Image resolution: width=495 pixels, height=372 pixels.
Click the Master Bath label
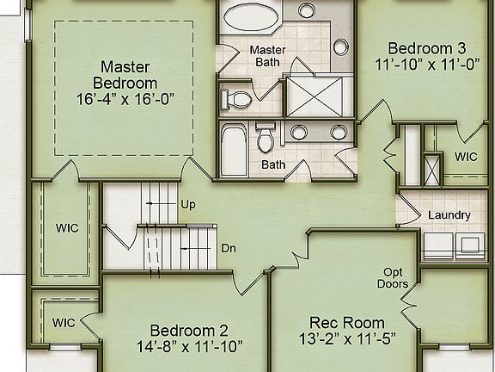[x=267, y=56]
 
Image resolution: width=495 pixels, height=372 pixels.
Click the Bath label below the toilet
[x=273, y=164]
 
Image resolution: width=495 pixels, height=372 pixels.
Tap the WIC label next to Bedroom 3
[x=466, y=158]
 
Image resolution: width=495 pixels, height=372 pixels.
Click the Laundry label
[x=449, y=215]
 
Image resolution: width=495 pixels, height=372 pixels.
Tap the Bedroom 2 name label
[x=189, y=331]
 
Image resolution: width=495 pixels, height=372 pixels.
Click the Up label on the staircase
[x=187, y=206]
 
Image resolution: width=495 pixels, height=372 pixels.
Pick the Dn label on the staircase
[x=229, y=248]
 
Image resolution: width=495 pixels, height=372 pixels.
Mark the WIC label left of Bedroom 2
[x=64, y=322]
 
